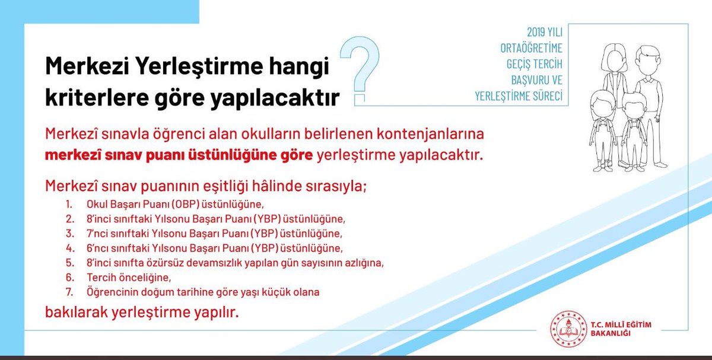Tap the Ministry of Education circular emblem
[x=568, y=329]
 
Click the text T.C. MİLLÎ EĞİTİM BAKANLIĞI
[x=621, y=329]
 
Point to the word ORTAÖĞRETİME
[x=531, y=48]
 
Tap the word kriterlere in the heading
[x=97, y=97]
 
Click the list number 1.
[x=69, y=204]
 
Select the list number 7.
[x=69, y=292]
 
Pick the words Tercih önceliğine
[x=129, y=278]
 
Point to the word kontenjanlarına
[x=430, y=134]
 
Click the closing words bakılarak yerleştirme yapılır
[x=142, y=313]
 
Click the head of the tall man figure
[x=648, y=60]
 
